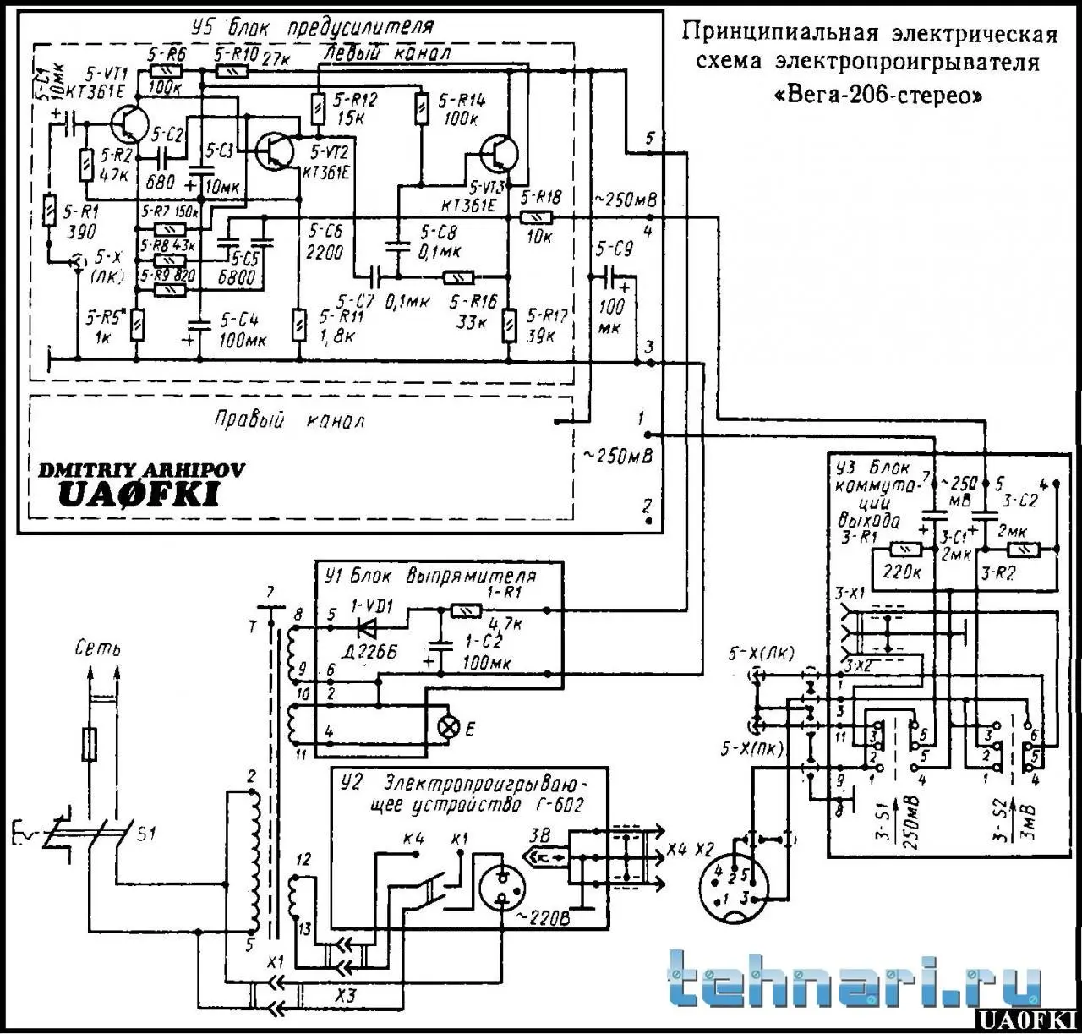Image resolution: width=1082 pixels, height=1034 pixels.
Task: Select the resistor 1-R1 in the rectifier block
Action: [x=466, y=610]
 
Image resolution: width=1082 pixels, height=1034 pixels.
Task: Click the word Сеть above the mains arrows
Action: [x=97, y=649]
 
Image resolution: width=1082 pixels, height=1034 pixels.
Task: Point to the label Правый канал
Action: [x=289, y=420]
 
